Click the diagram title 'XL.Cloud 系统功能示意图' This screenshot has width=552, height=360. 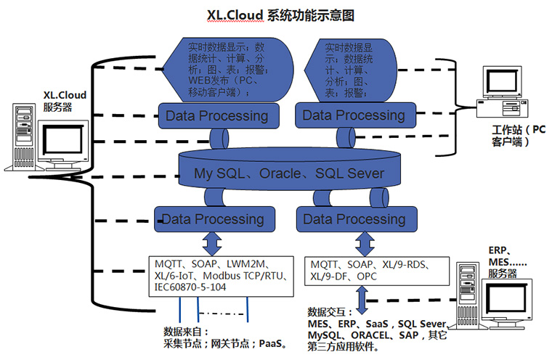[x=280, y=15]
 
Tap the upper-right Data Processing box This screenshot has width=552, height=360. [x=356, y=115]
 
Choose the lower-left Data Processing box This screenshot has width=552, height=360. [x=214, y=219]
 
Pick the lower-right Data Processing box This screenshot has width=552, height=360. [x=357, y=219]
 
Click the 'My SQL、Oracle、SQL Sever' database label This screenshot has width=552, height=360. [x=289, y=173]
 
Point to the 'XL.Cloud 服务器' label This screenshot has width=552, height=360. [x=65, y=101]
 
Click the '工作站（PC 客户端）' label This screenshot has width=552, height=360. [x=518, y=136]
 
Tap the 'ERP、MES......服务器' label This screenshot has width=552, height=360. [x=507, y=262]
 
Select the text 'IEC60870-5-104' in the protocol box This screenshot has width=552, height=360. [x=190, y=287]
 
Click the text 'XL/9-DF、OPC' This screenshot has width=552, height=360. [x=344, y=277]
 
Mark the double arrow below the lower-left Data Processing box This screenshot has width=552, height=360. [x=212, y=244]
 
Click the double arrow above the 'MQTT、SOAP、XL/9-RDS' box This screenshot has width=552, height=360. [x=365, y=244]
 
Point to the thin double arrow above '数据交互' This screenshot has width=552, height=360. [x=362, y=300]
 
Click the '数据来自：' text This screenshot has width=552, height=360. [x=186, y=332]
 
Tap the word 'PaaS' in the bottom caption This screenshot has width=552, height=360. [x=270, y=343]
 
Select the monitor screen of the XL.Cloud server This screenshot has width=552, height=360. [x=62, y=141]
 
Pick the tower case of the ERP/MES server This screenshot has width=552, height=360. [x=468, y=295]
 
